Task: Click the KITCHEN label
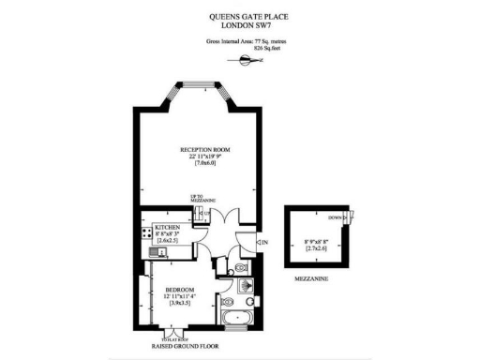[x=168, y=228]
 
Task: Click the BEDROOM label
[x=179, y=290]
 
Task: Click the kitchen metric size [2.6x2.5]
[x=168, y=243]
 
